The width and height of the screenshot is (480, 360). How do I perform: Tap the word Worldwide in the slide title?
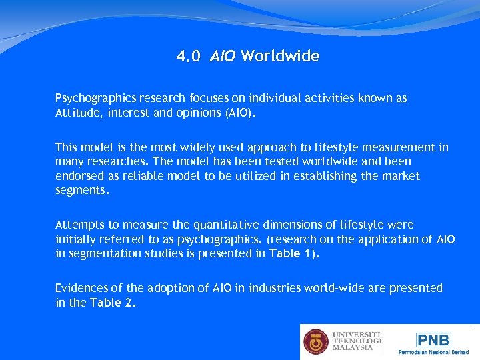[x=280, y=57]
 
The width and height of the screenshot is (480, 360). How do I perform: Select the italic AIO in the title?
[x=222, y=57]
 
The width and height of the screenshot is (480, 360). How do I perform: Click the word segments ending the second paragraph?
[x=81, y=191]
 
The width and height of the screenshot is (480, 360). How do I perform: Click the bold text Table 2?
[x=113, y=302]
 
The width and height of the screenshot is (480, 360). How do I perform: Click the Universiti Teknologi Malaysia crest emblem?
[x=316, y=341]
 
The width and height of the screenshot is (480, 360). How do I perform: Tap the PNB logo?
[x=433, y=340]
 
